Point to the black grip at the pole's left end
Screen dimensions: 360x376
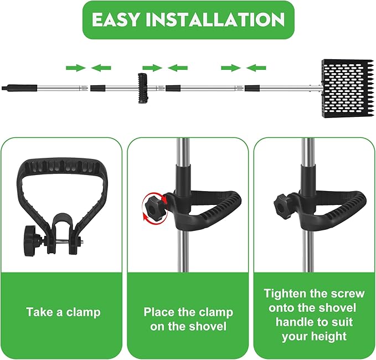click(20, 88)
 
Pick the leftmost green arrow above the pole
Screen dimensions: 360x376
click(75, 68)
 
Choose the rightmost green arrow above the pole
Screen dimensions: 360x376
click(256, 68)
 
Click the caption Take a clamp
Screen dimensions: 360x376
click(63, 312)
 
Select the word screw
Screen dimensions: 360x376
click(345, 294)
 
